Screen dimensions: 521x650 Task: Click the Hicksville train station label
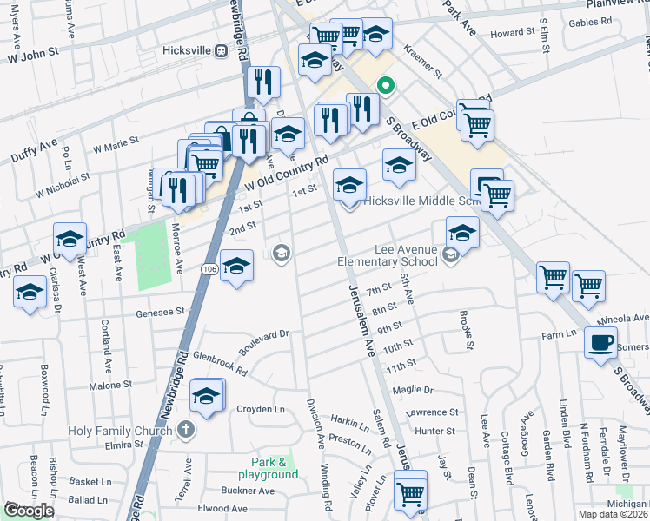[x=187, y=50]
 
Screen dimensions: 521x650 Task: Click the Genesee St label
[x=161, y=310]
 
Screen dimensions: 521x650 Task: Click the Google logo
[x=29, y=511]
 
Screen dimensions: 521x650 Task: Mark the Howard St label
[x=512, y=33]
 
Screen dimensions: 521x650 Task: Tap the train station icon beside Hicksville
[x=222, y=50]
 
